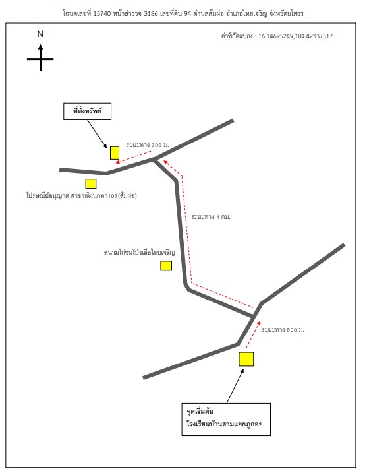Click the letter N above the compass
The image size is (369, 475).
(40, 34)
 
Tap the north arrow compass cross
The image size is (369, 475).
(41, 58)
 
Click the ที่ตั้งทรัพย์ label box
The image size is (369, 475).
(87, 111)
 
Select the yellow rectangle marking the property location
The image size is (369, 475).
(115, 152)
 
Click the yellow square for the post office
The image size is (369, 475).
(91, 183)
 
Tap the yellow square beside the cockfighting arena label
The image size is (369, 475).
(166, 265)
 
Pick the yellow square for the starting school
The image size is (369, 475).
(246, 359)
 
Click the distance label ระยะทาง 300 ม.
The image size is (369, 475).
(148, 145)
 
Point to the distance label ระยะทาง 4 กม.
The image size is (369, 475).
(211, 217)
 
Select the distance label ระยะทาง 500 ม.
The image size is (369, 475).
(283, 330)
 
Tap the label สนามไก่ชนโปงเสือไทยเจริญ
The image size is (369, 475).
(140, 252)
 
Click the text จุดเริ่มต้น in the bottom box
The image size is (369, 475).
(200, 412)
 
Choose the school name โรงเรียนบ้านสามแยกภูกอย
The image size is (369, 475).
(225, 424)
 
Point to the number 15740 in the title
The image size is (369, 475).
(102, 13)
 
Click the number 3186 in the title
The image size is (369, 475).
(151, 13)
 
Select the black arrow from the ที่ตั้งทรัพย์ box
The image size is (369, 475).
(97, 134)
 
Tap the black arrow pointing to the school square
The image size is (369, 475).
(235, 386)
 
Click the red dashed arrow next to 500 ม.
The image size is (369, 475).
(253, 334)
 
